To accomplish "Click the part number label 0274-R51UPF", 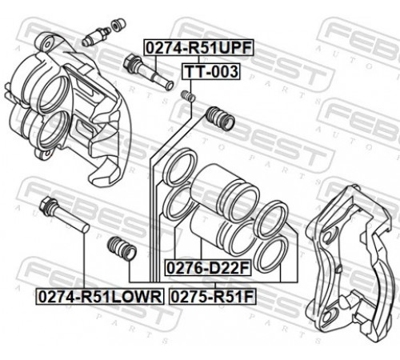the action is coord(198,47).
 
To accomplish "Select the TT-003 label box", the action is coord(211,71).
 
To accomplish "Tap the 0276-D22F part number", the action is coord(208,268).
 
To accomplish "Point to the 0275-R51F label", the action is coord(213,297).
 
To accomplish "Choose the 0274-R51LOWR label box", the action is coord(100,297).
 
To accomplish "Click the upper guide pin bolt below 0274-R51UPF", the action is coord(149,72).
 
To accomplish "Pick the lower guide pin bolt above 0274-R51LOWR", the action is coord(64,214).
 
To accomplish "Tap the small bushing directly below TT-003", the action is coord(188,96).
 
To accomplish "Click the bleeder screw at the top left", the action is coord(96,37).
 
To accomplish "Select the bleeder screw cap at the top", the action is coord(118,25).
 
